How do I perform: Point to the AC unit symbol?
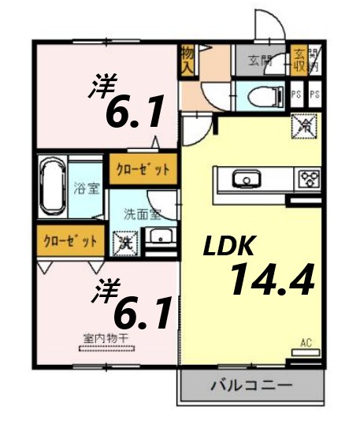(306, 347)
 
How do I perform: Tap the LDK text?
(228, 246)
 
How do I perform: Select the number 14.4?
(272, 280)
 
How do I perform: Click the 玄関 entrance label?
(259, 59)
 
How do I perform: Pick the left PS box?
(296, 95)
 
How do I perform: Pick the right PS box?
(314, 95)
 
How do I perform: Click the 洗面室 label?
(142, 214)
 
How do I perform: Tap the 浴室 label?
(84, 190)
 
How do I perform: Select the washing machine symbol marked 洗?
(124, 243)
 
